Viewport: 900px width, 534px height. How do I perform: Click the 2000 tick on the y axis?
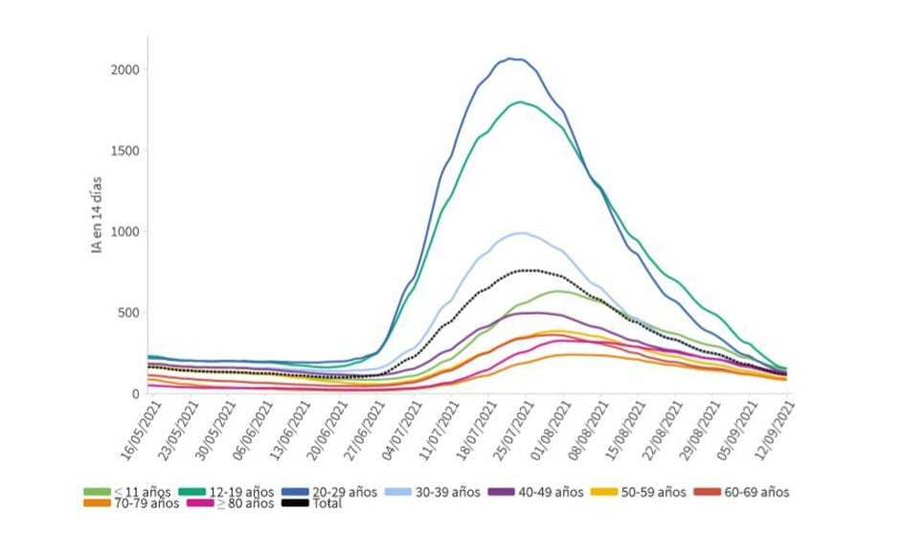click(125, 70)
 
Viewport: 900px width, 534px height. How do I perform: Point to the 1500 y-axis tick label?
click(125, 151)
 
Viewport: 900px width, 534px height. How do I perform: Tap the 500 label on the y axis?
click(129, 313)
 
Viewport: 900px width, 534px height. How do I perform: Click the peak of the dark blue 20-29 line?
click(514, 59)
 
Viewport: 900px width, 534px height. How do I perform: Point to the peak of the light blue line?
click(520, 233)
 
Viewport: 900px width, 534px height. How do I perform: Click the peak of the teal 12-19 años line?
click(520, 101)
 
